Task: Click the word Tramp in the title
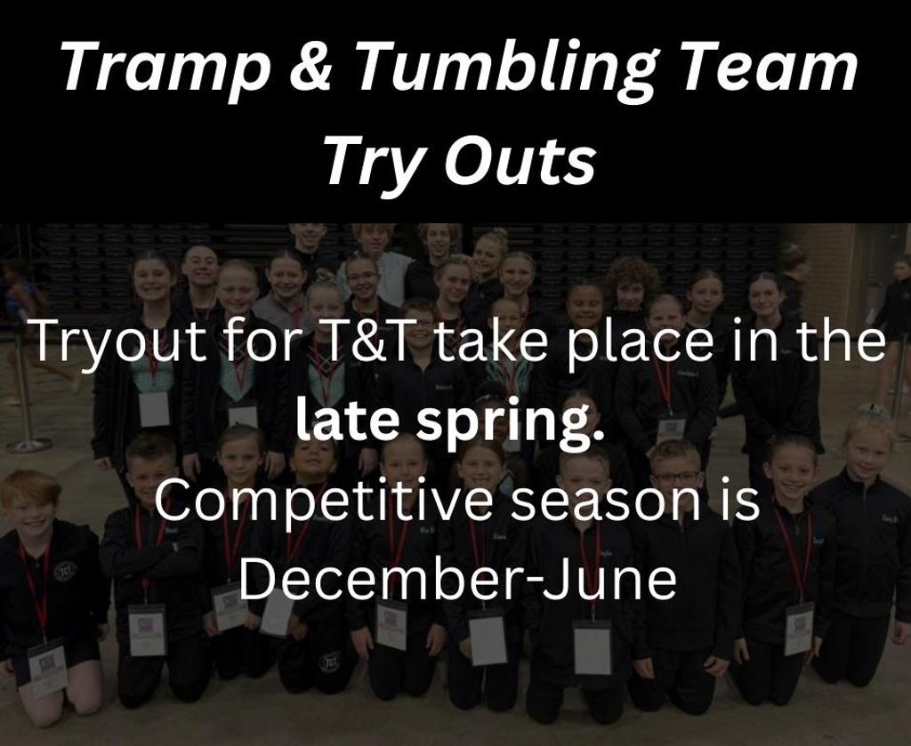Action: point(165,68)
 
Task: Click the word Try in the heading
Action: point(375,162)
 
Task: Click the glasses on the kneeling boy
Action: point(675,477)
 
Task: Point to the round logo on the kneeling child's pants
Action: point(329,662)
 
